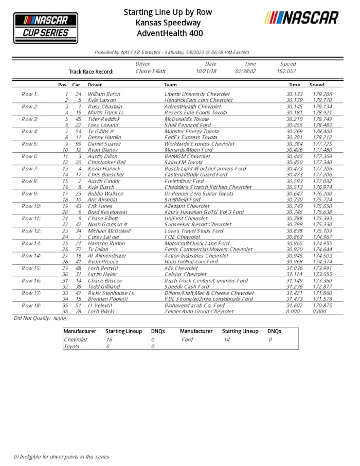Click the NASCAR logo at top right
tap(302, 17)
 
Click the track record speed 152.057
tap(287, 71)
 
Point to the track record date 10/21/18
tap(206, 71)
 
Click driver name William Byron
tap(104, 95)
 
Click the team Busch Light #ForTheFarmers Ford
tap(205, 169)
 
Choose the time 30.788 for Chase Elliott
tap(294, 218)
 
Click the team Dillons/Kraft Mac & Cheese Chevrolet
tap(209, 293)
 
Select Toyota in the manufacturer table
tap(72, 347)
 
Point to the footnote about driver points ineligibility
tap(61, 456)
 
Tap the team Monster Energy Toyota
tap(191, 132)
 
